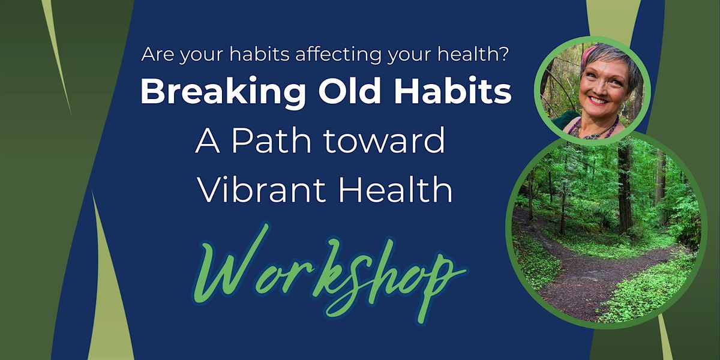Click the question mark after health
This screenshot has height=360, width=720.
point(505,53)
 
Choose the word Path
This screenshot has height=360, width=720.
point(271,140)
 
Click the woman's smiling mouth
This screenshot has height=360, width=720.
point(598,100)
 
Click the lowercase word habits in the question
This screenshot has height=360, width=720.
point(259,53)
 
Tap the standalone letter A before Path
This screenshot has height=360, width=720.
point(208,140)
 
